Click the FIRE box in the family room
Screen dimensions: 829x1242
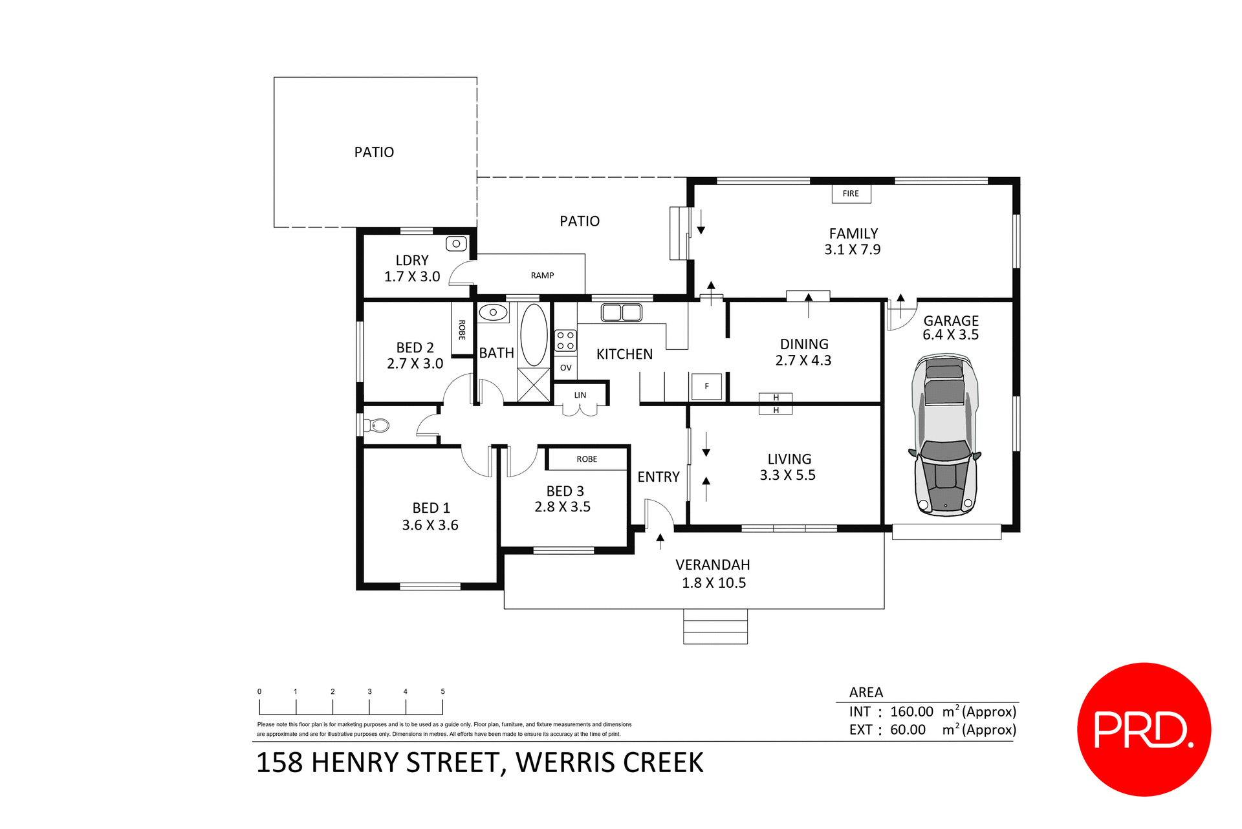tap(851, 193)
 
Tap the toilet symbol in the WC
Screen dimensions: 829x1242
tap(378, 425)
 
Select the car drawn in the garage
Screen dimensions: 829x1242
tap(945, 435)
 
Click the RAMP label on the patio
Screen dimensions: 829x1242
tap(542, 275)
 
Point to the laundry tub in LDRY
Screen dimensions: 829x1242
tap(456, 244)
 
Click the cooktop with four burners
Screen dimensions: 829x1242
tap(565, 341)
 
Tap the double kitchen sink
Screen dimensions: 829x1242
tap(621, 313)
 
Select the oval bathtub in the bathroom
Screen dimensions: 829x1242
tap(534, 335)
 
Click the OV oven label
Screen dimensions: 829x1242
tap(565, 368)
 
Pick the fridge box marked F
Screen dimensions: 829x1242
tap(706, 386)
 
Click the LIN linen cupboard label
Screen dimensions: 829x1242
tap(580, 395)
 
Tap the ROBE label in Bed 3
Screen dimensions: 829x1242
tap(587, 459)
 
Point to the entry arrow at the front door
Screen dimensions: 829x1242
tap(660, 541)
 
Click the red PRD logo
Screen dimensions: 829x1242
tap(1144, 729)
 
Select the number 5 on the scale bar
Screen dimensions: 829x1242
tap(442, 691)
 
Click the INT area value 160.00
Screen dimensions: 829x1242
tap(911, 711)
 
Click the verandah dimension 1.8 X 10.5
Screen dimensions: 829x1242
tap(714, 583)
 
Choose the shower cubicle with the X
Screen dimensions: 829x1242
tap(534, 385)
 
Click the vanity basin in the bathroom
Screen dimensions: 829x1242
tap(493, 312)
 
